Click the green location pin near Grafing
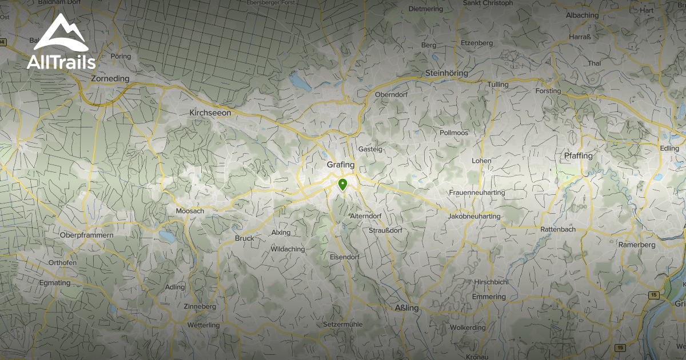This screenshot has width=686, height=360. [x=342, y=185]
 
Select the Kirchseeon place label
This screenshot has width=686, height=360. [x=210, y=113]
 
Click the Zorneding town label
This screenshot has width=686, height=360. [x=110, y=78]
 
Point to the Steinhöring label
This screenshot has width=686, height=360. [x=446, y=74]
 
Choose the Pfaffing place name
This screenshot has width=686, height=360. [x=578, y=155]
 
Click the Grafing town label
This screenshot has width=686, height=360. [x=341, y=165]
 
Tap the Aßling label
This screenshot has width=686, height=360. [x=407, y=308]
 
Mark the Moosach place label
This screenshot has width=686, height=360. [x=190, y=211]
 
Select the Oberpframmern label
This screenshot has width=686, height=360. [x=87, y=235]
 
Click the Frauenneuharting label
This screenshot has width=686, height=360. [x=477, y=193]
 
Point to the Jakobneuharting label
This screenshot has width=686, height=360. [x=474, y=217]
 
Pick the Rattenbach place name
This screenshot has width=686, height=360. [x=558, y=229]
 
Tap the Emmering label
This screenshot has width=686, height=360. [x=489, y=297]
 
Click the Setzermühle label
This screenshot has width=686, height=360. [x=343, y=325]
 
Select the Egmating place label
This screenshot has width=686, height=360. [x=55, y=283]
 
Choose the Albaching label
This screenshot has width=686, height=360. [x=582, y=15]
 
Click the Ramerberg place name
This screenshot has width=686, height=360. [x=637, y=245]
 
